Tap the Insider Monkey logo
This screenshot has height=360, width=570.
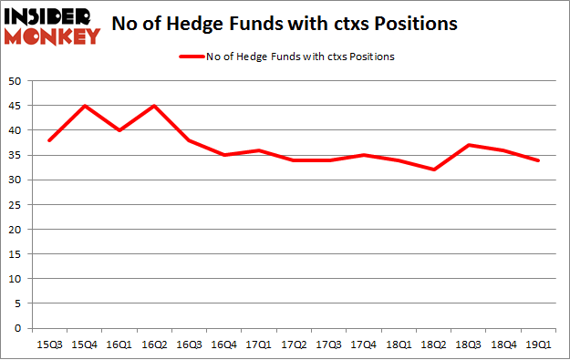(53, 25)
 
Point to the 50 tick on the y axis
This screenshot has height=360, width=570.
(17, 81)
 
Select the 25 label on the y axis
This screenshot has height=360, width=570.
(17, 204)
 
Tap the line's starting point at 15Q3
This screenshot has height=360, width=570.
(48, 140)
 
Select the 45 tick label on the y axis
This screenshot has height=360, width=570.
(17, 106)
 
